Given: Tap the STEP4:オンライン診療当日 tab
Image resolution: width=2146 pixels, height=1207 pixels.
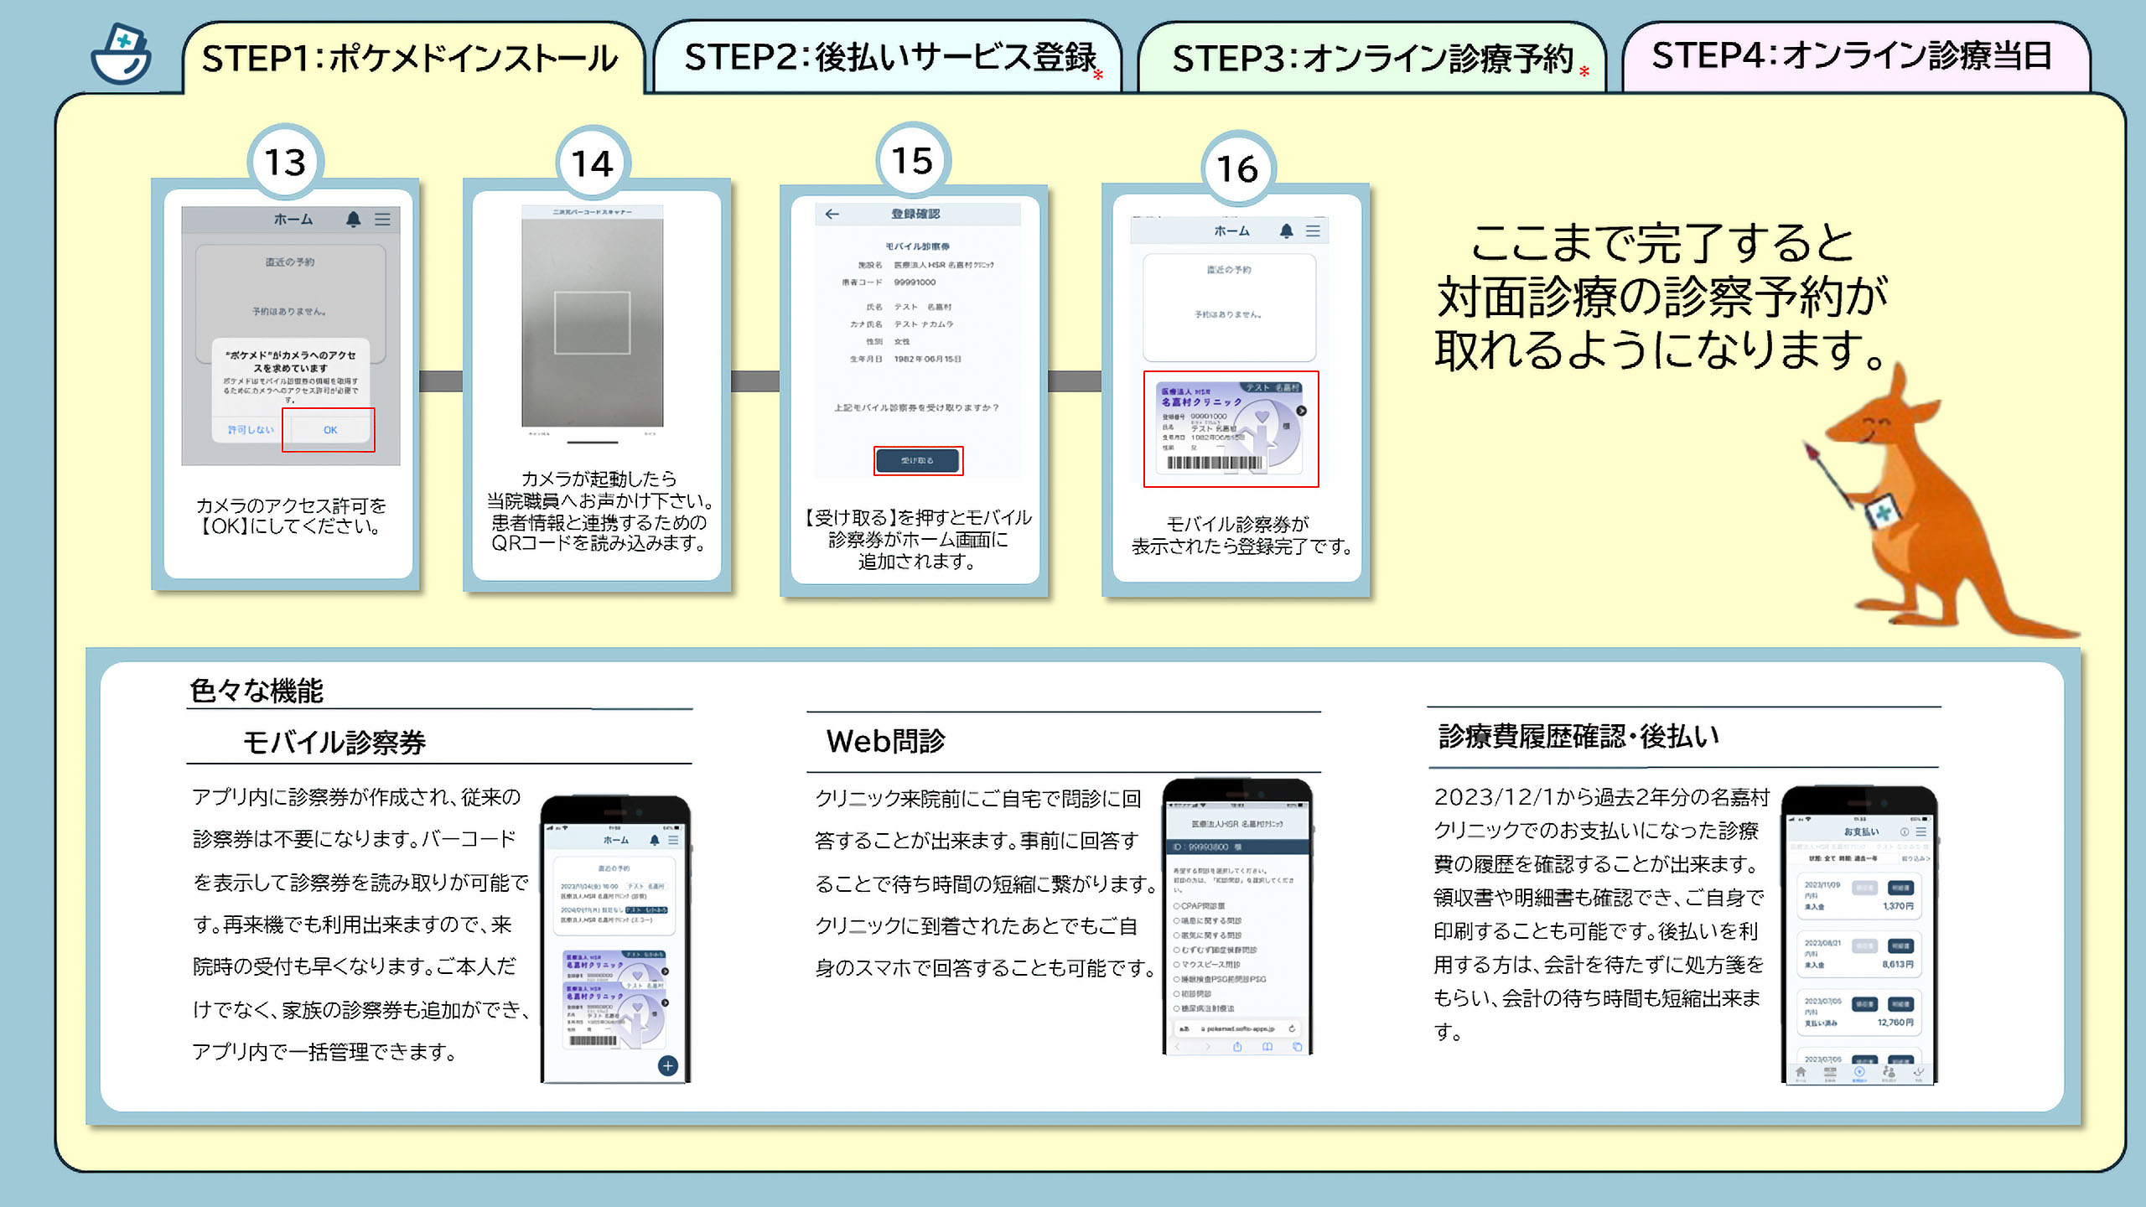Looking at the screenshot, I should pyautogui.click(x=1853, y=56).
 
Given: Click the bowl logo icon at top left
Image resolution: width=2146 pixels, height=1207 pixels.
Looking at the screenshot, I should pyautogui.click(x=122, y=55).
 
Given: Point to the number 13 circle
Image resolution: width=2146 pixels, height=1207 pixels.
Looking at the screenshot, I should pyautogui.click(x=285, y=162).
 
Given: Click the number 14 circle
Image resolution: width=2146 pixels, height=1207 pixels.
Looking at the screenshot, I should pyautogui.click(x=593, y=163).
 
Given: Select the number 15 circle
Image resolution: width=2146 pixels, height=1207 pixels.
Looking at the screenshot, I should pyautogui.click(x=912, y=160).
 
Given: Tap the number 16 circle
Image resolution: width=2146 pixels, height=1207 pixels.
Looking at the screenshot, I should pyautogui.click(x=1237, y=168).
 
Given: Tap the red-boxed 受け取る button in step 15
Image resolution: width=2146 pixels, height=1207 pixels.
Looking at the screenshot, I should pyautogui.click(x=918, y=460).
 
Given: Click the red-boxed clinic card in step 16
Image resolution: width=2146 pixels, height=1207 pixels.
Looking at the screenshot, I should pyautogui.click(x=1231, y=428).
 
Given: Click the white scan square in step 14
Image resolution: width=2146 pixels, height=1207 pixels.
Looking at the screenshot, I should pyautogui.click(x=592, y=323).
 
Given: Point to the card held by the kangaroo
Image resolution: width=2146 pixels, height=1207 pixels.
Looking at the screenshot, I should pyautogui.click(x=1882, y=513).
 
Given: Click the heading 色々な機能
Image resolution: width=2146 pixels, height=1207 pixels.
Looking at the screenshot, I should pyautogui.click(x=257, y=691).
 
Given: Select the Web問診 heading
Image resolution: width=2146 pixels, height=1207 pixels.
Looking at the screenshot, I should pyautogui.click(x=885, y=741).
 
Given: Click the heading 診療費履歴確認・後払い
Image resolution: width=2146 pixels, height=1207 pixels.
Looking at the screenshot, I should pyautogui.click(x=1578, y=736).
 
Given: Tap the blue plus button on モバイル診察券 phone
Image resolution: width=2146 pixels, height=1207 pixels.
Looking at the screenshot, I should pyautogui.click(x=667, y=1065).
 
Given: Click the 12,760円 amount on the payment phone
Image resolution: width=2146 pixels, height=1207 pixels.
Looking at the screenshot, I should pyautogui.click(x=1895, y=1023).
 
